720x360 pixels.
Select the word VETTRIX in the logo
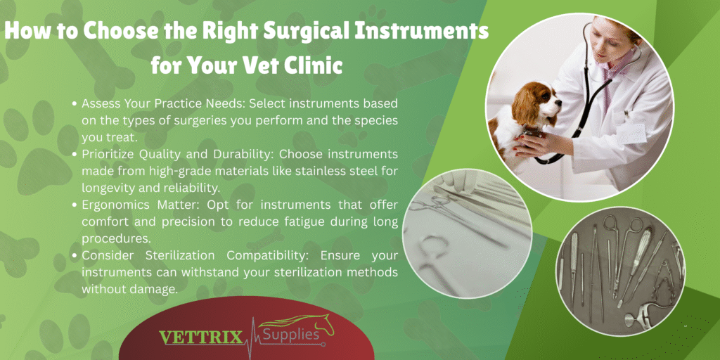[x=201, y=337]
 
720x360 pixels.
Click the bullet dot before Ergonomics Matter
[x=75, y=205]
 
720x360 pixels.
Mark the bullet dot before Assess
[x=75, y=104]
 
